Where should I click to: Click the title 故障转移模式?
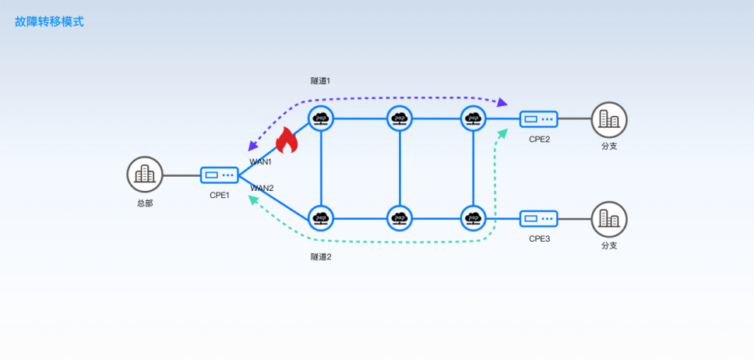point(49,22)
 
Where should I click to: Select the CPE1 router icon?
point(219,175)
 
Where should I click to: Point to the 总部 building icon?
point(145,175)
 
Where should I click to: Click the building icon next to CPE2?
point(609,120)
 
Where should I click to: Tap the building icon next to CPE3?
point(609,219)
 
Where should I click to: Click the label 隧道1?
point(321,81)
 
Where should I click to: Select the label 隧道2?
point(321,256)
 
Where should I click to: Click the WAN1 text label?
point(260,162)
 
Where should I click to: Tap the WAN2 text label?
point(262,188)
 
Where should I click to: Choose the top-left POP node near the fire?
point(321,118)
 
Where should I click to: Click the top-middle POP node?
point(400,118)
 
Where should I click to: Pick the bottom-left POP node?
point(321,218)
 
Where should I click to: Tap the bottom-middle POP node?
point(400,218)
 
